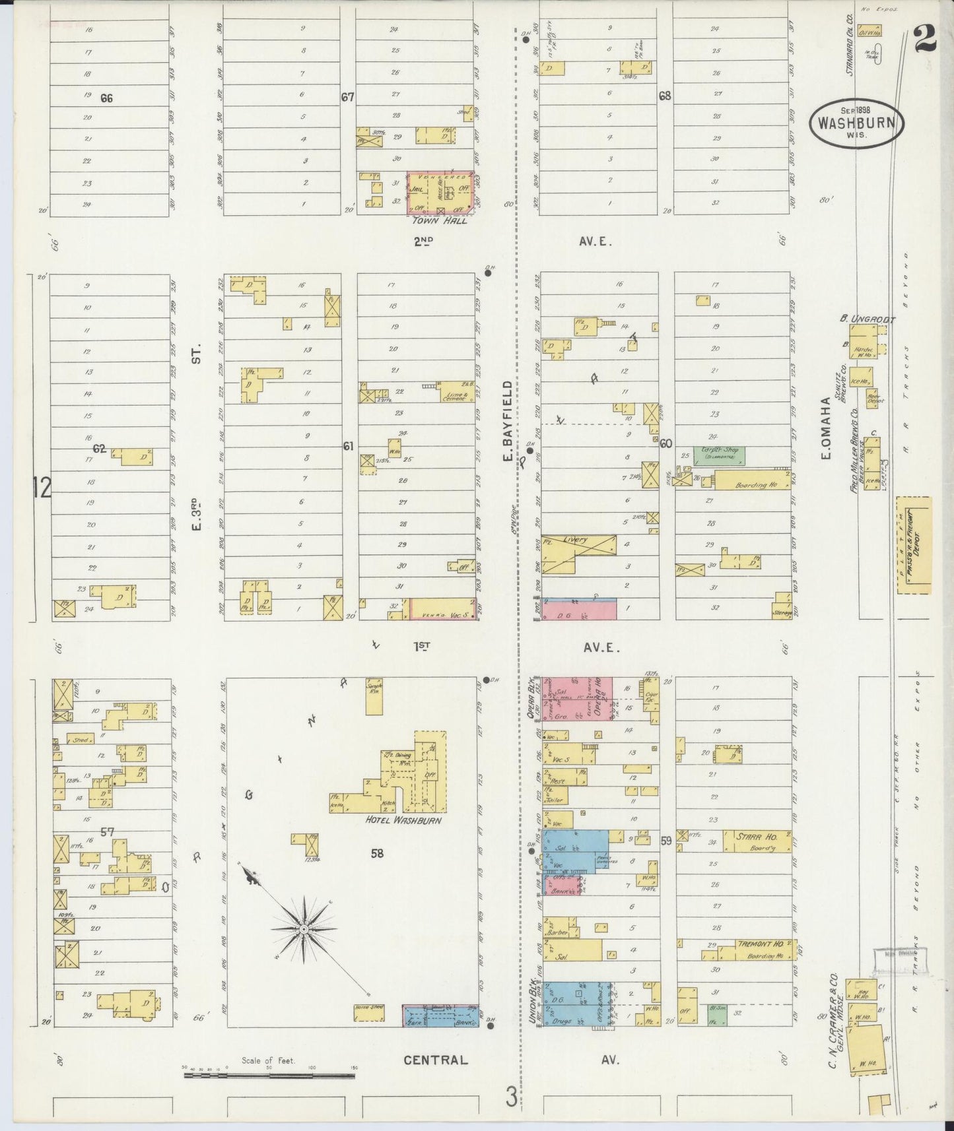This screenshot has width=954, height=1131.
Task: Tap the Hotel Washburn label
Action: (402, 820)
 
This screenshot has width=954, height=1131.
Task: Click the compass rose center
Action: (303, 929)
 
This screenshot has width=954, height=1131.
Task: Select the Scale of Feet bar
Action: (269, 1076)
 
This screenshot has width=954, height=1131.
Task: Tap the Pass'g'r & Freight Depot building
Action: (914, 546)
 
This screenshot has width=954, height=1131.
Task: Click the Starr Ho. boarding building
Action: (757, 841)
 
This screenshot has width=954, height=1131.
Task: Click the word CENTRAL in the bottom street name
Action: (436, 1060)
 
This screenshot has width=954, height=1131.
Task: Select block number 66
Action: (106, 98)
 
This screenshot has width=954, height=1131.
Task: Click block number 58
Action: (377, 853)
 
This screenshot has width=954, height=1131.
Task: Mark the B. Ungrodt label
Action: (867, 320)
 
